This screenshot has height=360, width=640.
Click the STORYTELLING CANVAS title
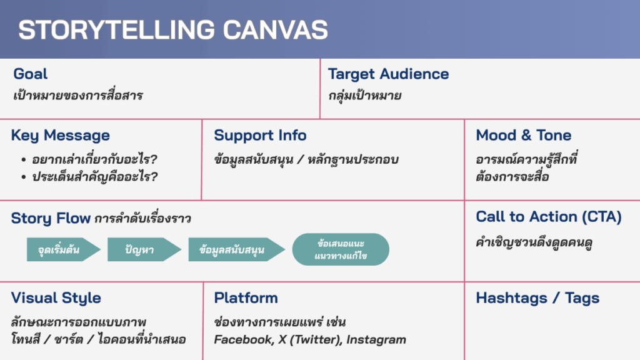[173, 29]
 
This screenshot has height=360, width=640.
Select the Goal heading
[30, 74]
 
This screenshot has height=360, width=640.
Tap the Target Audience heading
[388, 74]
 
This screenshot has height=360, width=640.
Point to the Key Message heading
[61, 136]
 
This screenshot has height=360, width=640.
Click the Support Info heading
[260, 136]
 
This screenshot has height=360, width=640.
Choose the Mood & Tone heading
[523, 136]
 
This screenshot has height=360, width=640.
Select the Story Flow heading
[51, 218]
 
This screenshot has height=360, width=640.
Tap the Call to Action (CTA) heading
[549, 217]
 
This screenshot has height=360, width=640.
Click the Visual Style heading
[56, 298]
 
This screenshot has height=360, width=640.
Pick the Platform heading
[246, 298]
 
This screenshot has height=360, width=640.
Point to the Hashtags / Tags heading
[537, 298]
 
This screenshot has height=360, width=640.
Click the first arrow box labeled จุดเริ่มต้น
[63, 249]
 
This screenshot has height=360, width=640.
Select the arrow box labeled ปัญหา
[144, 249]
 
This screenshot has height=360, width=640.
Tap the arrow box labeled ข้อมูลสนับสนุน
[236, 249]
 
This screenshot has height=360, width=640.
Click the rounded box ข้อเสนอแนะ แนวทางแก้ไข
[341, 249]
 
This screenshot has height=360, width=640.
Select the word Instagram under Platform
[376, 339]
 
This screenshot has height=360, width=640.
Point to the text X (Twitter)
[310, 339]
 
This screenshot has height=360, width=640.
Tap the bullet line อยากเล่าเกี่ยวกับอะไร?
[94, 159]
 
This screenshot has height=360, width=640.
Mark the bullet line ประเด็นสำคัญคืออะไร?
[95, 177]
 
